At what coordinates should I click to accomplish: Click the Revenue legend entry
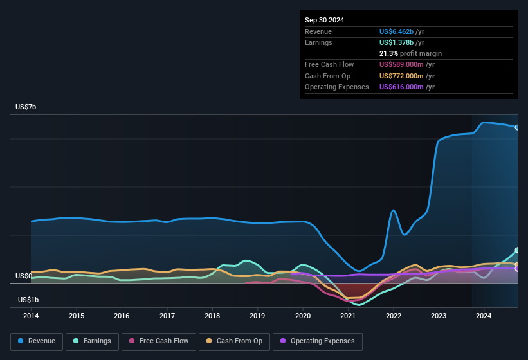pyautogui.click(x=37, y=341)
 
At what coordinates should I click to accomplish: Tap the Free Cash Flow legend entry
pyautogui.click(x=159, y=341)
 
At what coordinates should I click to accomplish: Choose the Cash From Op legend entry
pyautogui.click(x=235, y=341)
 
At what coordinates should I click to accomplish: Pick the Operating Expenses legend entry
pyautogui.click(x=318, y=341)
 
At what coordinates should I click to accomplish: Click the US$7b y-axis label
pyautogui.click(x=26, y=107)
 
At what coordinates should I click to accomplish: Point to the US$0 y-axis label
pyautogui.click(x=23, y=276)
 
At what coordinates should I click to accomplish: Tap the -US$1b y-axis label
pyautogui.click(x=27, y=300)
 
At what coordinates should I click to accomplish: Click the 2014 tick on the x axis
pyautogui.click(x=31, y=316)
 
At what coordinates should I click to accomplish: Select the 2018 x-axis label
pyautogui.click(x=212, y=316)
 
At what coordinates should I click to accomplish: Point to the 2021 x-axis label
pyautogui.click(x=348, y=316)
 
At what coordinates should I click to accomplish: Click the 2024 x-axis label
pyautogui.click(x=484, y=316)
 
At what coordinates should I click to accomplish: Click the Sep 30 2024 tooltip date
pyautogui.click(x=324, y=20)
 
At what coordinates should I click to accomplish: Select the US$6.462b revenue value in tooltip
pyautogui.click(x=397, y=32)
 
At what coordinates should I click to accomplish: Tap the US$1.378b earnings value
pyautogui.click(x=397, y=42)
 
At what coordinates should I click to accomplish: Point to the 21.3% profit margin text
pyautogui.click(x=410, y=53)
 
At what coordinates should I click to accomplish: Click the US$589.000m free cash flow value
pyautogui.click(x=403, y=64)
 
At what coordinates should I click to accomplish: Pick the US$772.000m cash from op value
pyautogui.click(x=403, y=76)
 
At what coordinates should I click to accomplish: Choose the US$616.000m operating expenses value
pyautogui.click(x=403, y=87)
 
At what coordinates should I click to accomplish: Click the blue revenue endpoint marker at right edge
pyautogui.click(x=517, y=127)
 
